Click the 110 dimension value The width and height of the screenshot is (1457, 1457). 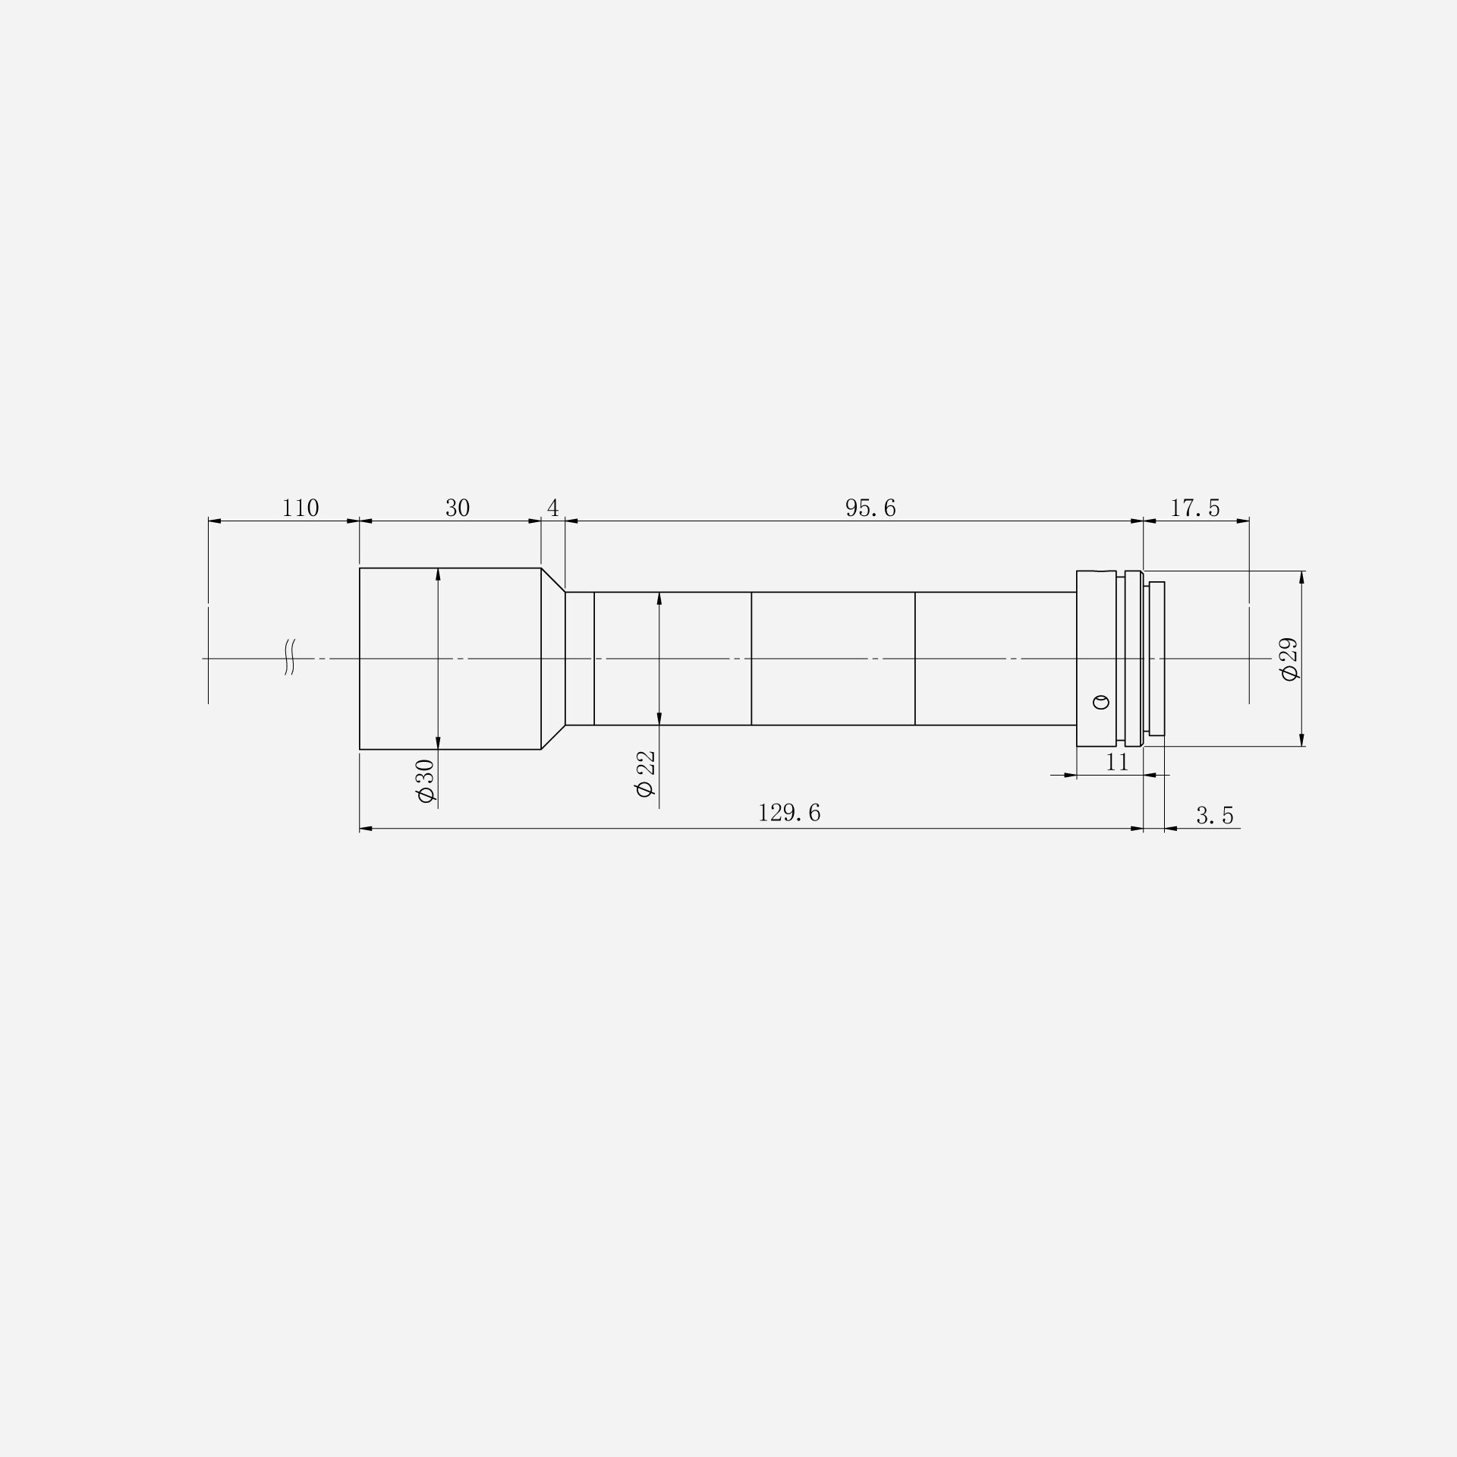click(301, 508)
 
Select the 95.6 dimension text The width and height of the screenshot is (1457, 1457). click(870, 508)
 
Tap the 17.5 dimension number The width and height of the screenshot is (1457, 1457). click(1195, 508)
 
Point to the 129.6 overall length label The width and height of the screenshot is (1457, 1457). click(789, 813)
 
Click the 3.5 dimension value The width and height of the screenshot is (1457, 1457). click(1215, 816)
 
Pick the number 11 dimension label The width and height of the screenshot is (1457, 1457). click(1117, 762)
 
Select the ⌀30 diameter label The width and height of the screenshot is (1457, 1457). click(425, 781)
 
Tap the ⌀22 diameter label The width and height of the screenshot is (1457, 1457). click(646, 773)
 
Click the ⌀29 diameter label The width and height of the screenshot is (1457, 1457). click(1289, 659)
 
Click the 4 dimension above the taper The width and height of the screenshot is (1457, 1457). click(553, 508)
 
